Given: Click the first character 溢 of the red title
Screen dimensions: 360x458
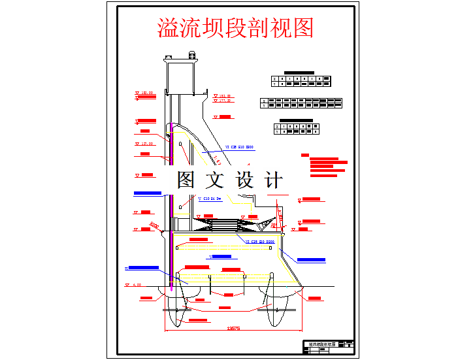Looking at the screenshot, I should coord(169,28).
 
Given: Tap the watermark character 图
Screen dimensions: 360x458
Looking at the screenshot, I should coord(188,180).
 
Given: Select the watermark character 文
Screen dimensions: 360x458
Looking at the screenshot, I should coord(217,180).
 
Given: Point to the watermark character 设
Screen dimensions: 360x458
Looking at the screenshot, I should coord(245,180).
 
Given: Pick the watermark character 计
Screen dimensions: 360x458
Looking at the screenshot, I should coord(274,180).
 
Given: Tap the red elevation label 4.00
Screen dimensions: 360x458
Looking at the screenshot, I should coord(137,285).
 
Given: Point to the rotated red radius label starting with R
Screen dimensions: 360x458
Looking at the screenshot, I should coord(155,225).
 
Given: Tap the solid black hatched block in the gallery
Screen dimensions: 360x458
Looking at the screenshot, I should coord(233,223).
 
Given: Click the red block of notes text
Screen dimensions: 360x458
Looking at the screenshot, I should coord(327,165).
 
